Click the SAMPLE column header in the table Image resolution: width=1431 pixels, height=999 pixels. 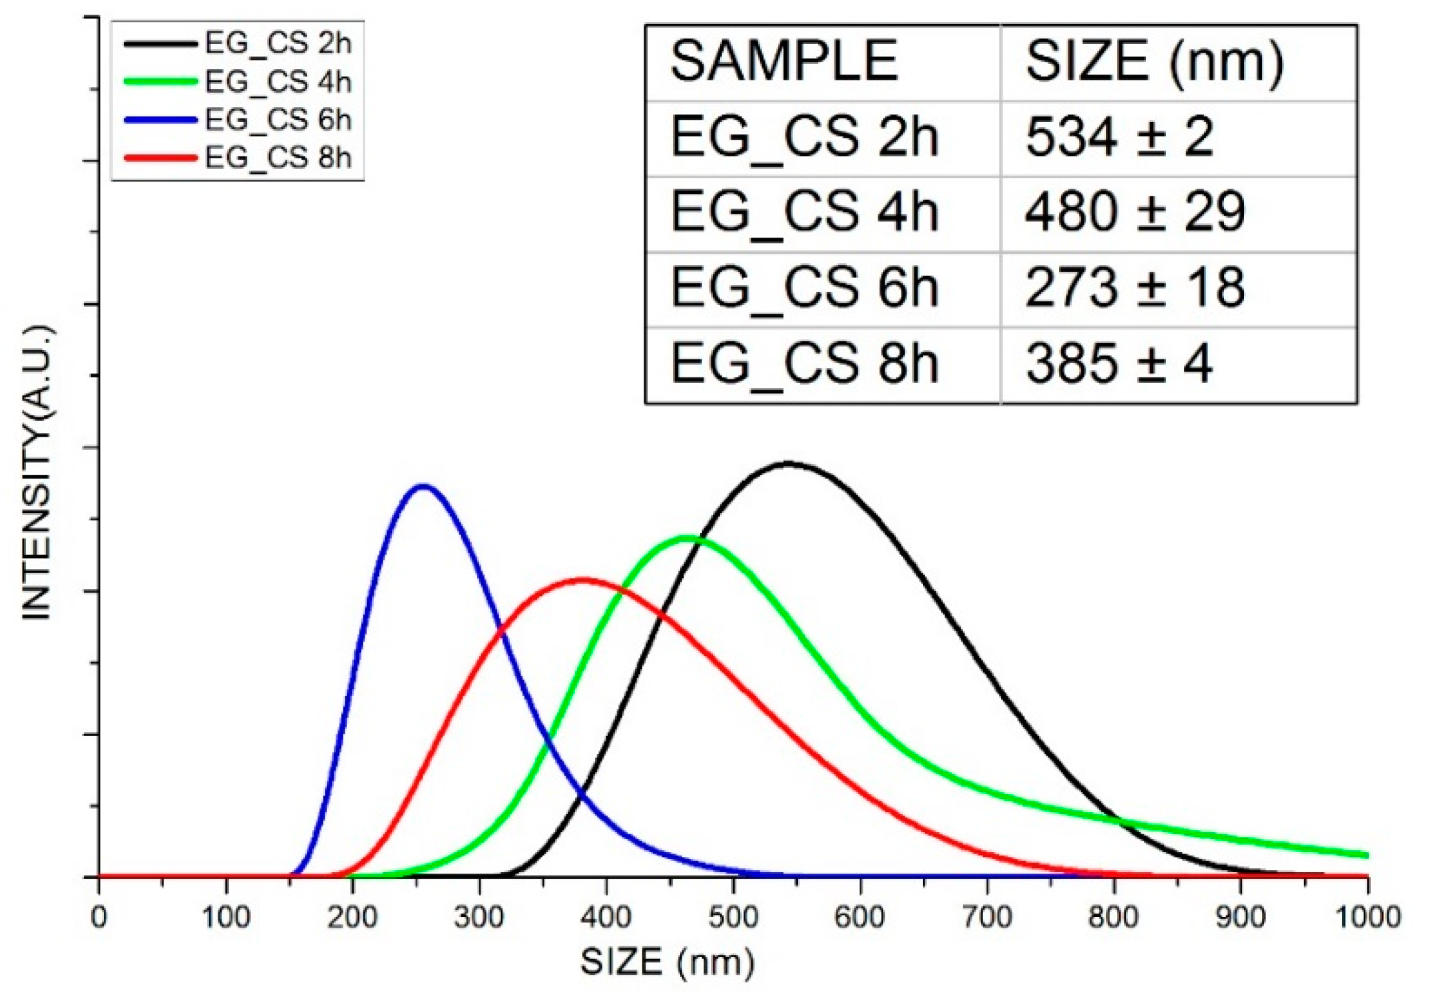coord(784,61)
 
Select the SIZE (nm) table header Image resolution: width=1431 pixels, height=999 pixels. coord(1155,61)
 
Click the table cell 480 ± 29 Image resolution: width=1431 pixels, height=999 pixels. coord(1134,212)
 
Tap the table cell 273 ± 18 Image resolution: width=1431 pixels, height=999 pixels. coord(1134,288)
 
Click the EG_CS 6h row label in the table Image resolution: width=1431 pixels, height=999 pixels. coord(804,288)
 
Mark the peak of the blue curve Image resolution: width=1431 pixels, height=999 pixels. coord(422,487)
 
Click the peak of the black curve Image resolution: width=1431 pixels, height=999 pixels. coord(789,463)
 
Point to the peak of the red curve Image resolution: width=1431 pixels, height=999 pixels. coord(583,580)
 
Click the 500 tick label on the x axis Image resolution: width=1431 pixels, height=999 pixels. coord(733,918)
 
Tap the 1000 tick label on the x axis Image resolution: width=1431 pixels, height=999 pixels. coord(1368,918)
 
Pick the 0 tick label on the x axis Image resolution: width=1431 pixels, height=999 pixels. coord(99,918)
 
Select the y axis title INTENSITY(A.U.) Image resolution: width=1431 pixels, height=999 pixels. coord(37,473)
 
